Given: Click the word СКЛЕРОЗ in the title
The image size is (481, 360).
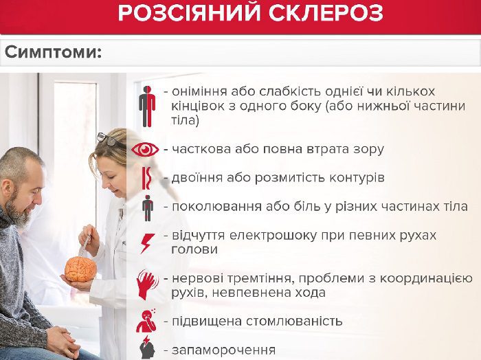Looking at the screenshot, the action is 326,13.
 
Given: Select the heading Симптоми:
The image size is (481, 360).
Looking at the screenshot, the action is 53,52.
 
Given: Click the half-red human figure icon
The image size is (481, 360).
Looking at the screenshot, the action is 147,106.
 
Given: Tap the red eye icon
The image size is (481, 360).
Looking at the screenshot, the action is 145,150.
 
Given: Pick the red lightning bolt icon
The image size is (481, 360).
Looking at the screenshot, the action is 147,243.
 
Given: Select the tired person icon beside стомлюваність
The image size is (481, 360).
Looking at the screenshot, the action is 146,321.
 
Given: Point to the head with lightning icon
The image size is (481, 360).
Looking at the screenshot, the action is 147,348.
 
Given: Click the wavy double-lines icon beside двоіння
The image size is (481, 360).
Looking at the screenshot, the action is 146,178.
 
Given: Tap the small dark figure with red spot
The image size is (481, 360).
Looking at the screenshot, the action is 148,208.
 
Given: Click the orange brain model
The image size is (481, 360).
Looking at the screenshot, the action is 80,269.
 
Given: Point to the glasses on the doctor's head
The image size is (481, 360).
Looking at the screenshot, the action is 107,139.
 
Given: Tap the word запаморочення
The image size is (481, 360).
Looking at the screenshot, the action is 223,350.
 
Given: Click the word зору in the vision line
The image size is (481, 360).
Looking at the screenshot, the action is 368,149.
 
